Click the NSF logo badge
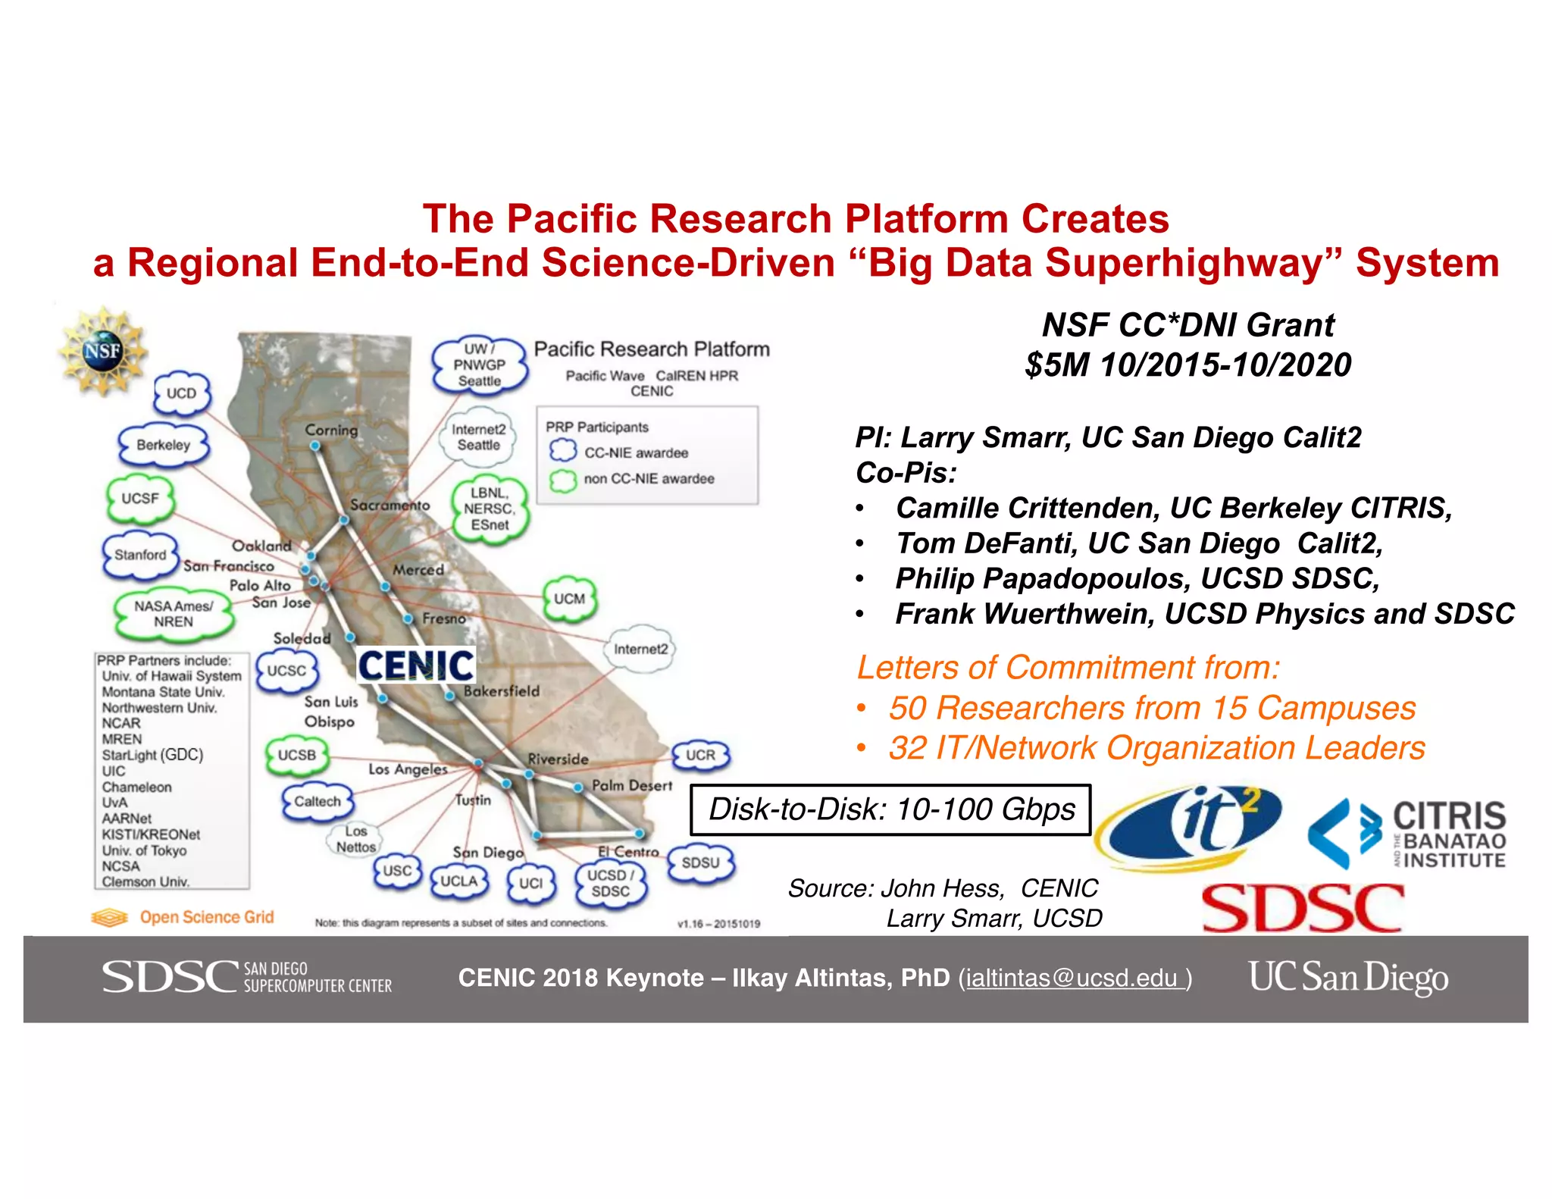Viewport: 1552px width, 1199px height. click(x=102, y=351)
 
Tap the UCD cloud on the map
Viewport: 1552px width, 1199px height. click(x=181, y=393)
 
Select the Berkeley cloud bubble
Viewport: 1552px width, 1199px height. click(x=163, y=445)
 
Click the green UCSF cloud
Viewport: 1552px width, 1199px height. click(x=140, y=499)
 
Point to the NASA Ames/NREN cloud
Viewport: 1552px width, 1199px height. click(x=174, y=614)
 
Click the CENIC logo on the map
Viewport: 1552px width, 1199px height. click(x=416, y=666)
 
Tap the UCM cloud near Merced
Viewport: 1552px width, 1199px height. click(x=569, y=599)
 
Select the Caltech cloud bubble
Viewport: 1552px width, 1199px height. click(x=318, y=802)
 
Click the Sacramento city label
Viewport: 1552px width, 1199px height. click(x=390, y=505)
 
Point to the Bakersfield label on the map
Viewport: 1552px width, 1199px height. click(x=502, y=691)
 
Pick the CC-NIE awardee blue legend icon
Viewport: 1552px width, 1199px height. click(x=563, y=451)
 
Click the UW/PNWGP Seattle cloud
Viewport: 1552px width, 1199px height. click(x=479, y=365)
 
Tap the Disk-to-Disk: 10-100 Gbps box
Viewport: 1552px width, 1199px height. click(x=890, y=809)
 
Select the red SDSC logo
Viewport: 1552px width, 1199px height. click(x=1303, y=907)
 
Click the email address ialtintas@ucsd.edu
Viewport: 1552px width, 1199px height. click(x=1072, y=978)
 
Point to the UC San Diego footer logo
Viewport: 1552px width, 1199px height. click(x=1348, y=977)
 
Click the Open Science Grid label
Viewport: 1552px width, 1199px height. click(x=206, y=917)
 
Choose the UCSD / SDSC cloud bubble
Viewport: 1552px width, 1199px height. click(x=611, y=883)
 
